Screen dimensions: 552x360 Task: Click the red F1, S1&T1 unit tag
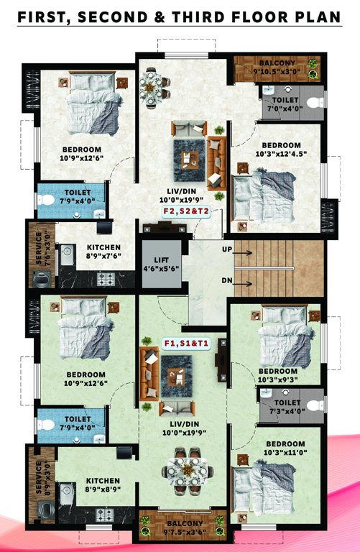pos(185,343)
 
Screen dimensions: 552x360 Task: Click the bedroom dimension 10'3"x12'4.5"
pos(281,154)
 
